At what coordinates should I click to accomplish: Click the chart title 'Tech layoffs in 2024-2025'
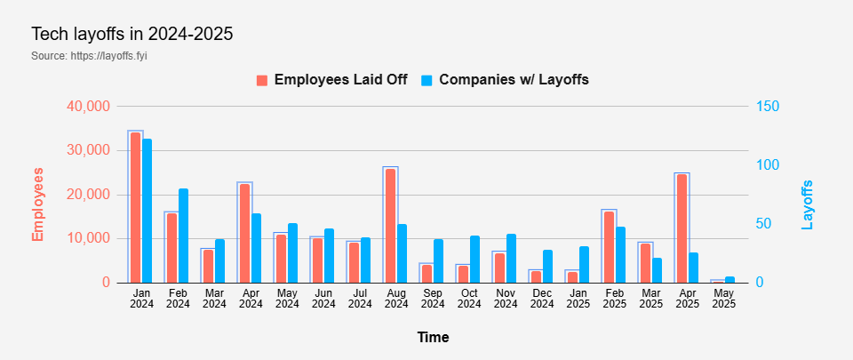(x=132, y=34)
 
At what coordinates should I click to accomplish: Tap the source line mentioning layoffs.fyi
(x=89, y=55)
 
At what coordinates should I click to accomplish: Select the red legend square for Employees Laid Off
(x=262, y=81)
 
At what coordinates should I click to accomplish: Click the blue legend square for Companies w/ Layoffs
(x=426, y=81)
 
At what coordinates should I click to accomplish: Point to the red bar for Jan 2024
(x=135, y=208)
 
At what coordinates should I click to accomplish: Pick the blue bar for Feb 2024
(x=183, y=236)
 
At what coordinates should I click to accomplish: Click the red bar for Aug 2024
(x=391, y=226)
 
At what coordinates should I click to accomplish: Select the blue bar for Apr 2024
(x=256, y=248)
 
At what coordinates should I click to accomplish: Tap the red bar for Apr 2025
(x=682, y=228)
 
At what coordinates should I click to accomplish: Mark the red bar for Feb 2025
(x=609, y=247)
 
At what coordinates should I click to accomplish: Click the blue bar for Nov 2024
(x=512, y=259)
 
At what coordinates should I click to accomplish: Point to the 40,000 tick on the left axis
(x=89, y=106)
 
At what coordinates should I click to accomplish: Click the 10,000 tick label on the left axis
(x=89, y=239)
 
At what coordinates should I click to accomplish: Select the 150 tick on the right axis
(x=768, y=106)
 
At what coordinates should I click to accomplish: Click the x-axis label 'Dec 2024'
(x=541, y=299)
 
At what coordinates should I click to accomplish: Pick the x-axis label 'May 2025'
(x=723, y=299)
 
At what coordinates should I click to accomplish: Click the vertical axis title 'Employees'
(x=37, y=204)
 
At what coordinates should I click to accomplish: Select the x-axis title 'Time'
(x=433, y=337)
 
